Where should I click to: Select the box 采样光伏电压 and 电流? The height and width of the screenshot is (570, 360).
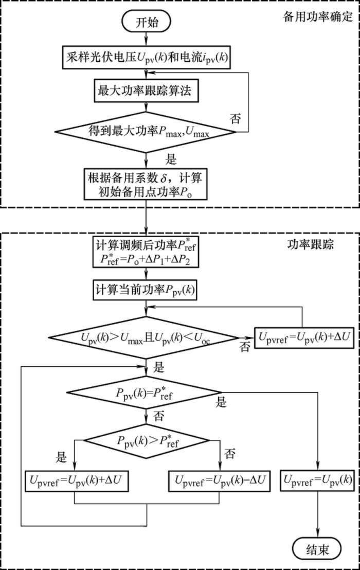147,57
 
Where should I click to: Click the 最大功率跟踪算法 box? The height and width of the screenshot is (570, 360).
147,92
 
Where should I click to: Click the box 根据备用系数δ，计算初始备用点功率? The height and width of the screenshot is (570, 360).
147,186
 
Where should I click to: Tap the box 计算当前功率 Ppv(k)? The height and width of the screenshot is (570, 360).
147,290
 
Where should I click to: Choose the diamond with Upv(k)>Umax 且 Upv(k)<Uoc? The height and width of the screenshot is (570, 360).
148,337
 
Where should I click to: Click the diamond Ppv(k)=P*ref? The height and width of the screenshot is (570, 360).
148,394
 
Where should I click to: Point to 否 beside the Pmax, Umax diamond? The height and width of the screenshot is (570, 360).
235,119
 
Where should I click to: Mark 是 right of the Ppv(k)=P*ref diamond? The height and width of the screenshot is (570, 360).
221,402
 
